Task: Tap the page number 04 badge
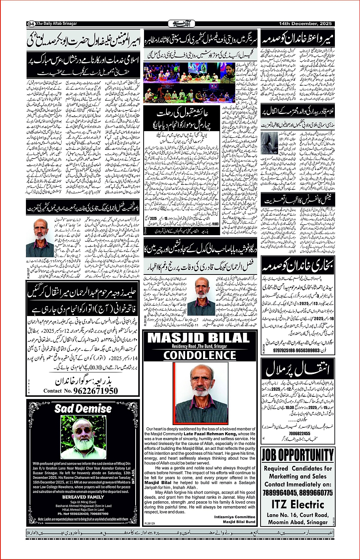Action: pyautogui.click(x=31, y=24)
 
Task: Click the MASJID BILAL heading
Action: pyautogui.click(x=198, y=338)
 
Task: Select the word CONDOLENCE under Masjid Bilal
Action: pyautogui.click(x=200, y=355)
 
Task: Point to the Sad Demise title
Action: pyautogui.click(x=83, y=409)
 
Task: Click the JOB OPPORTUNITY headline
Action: pyautogui.click(x=298, y=455)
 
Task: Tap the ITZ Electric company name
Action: pyautogui.click(x=298, y=504)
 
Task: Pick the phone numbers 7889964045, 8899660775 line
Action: pyautogui.click(x=298, y=493)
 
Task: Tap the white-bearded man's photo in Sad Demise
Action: pyautogui.click(x=83, y=436)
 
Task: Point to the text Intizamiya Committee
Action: pyautogui.click(x=235, y=517)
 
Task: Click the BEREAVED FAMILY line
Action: pyautogui.click(x=83, y=497)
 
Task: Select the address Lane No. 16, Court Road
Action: pyautogui.click(x=298, y=515)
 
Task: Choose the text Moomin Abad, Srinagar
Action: pyautogui.click(x=298, y=522)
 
